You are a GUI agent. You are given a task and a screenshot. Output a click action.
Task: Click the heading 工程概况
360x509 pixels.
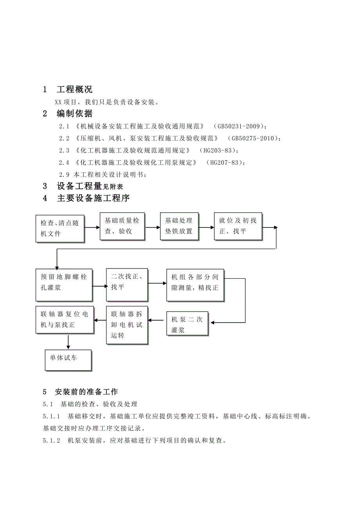click(x=74, y=90)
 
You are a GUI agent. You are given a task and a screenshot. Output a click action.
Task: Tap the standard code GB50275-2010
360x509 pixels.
click(x=254, y=138)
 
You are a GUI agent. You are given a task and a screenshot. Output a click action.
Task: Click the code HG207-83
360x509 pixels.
click(x=225, y=162)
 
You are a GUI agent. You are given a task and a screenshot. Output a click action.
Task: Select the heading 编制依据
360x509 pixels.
click(x=74, y=114)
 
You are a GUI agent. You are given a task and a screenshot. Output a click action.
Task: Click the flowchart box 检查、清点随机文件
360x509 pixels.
click(x=60, y=228)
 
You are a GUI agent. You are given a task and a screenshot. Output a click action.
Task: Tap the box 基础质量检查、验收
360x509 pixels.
click(x=122, y=226)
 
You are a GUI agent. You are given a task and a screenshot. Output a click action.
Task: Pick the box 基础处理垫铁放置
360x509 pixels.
click(x=179, y=226)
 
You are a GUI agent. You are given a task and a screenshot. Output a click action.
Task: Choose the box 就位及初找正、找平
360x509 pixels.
click(x=238, y=226)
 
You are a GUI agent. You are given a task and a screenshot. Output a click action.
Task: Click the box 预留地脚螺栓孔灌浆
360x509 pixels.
click(x=64, y=285)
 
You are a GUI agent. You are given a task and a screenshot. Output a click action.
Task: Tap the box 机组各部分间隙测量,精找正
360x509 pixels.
click(x=195, y=285)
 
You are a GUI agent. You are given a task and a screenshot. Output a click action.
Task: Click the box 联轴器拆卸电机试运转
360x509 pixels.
click(x=127, y=325)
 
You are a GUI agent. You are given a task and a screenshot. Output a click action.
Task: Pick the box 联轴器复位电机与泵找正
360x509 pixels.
click(x=65, y=319)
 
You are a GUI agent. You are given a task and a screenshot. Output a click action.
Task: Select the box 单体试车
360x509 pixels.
click(x=68, y=360)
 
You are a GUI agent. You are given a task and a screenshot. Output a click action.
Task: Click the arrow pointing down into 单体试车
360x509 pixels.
click(x=68, y=341)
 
